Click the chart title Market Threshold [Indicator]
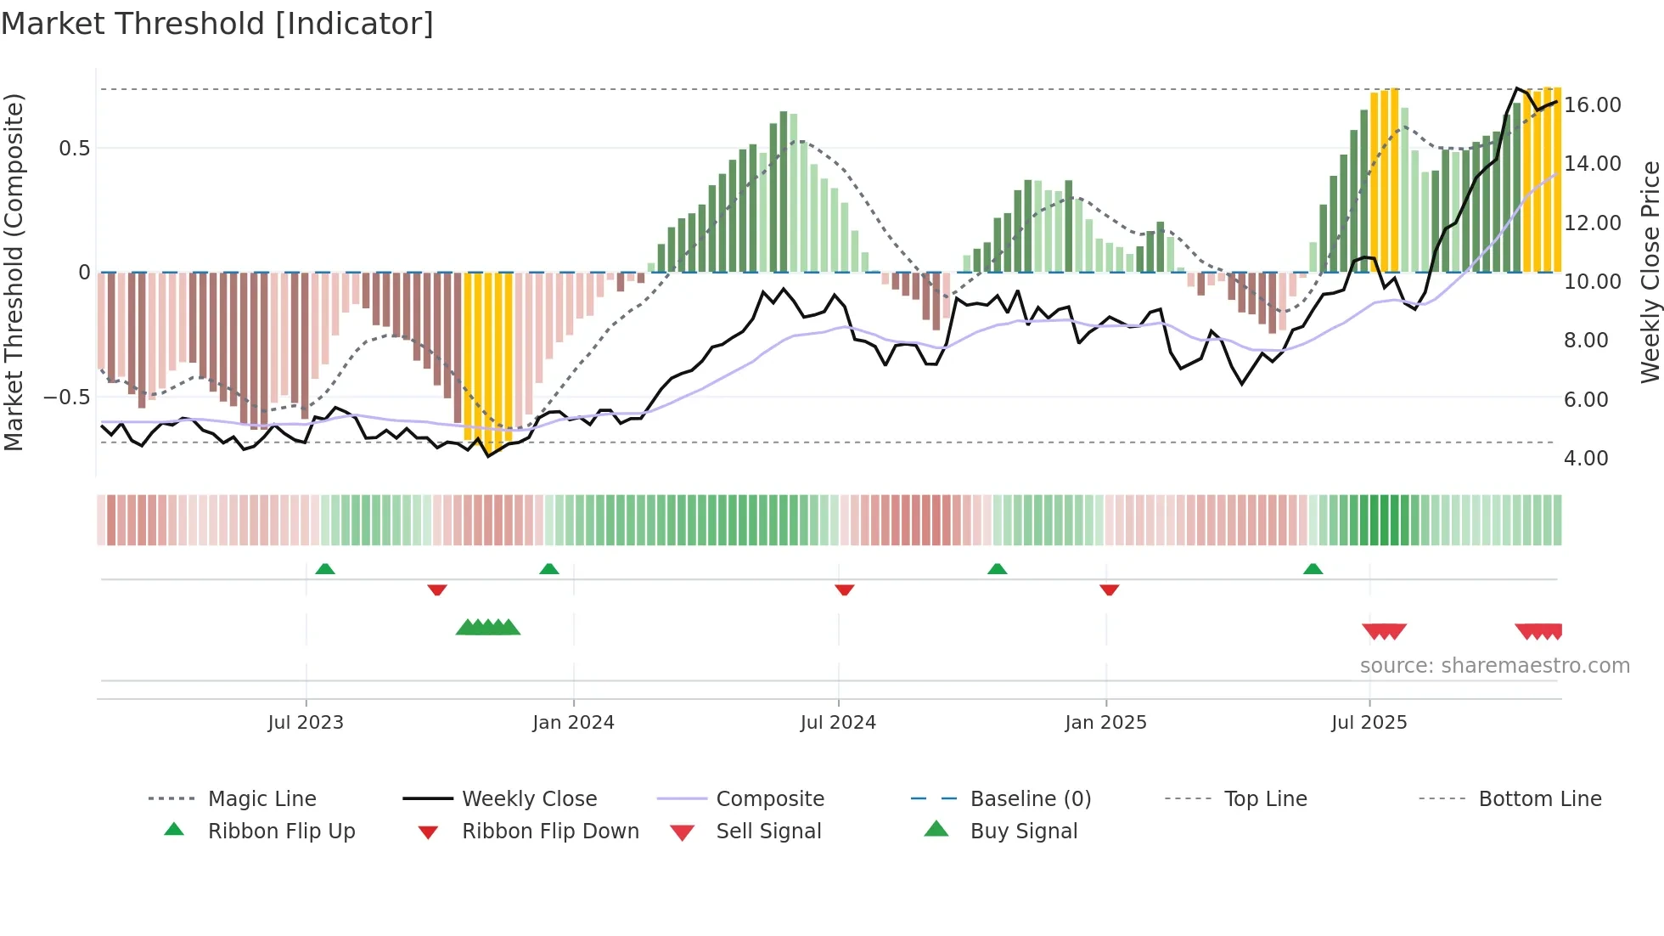point(217,24)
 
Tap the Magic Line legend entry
point(261,799)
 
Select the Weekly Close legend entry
point(529,799)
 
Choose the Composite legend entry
point(769,799)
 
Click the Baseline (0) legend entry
point(1030,799)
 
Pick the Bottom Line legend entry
point(1539,799)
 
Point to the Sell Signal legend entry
point(768,832)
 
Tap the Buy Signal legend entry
point(1023,832)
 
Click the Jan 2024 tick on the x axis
point(573,723)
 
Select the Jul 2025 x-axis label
point(1369,723)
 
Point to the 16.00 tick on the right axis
point(1592,105)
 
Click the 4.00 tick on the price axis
point(1586,459)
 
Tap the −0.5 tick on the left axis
point(67,398)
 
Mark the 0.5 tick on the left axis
point(74,149)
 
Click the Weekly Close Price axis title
point(1650,272)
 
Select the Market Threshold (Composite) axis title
point(14,272)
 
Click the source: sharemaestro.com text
point(1494,666)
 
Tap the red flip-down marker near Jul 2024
point(844,589)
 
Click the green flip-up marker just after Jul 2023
point(325,569)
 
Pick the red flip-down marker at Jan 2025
point(1109,589)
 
